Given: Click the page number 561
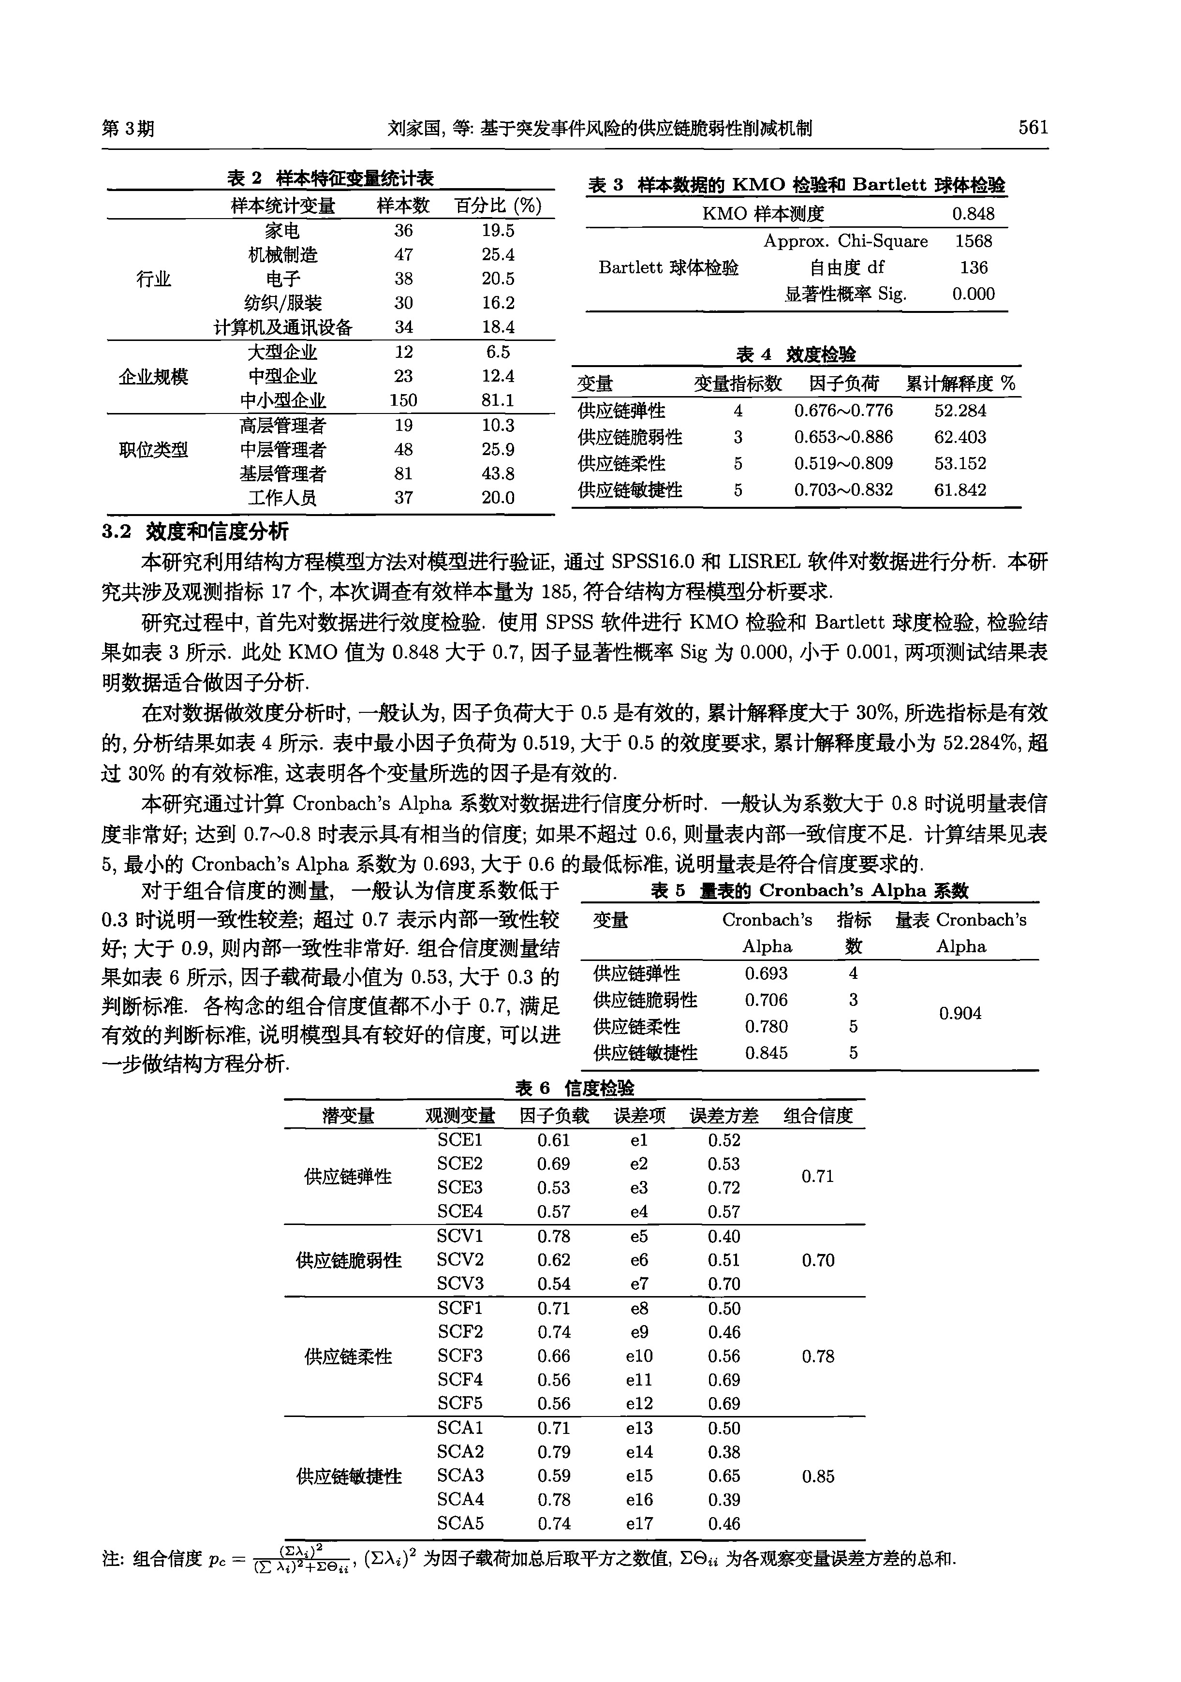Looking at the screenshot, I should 1033,128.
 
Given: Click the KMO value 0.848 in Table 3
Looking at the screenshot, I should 973,214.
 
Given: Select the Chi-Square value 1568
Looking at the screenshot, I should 973,241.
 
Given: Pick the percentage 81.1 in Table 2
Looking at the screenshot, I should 498,400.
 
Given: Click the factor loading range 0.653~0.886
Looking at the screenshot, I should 843,437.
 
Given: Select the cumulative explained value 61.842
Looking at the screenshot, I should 960,490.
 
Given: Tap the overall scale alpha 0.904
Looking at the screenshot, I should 960,1013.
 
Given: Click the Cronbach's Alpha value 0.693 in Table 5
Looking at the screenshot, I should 767,974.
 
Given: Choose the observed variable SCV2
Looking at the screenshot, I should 460,1260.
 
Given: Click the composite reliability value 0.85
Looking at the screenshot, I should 818,1476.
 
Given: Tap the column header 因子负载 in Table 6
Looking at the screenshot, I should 554,1116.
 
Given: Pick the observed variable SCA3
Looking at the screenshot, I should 460,1475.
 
